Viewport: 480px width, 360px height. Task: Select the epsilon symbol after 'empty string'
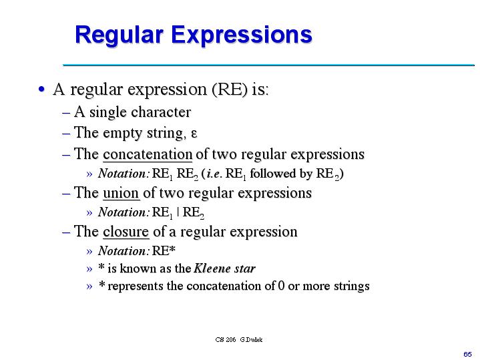coord(194,133)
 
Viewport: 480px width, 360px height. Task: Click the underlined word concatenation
coord(148,154)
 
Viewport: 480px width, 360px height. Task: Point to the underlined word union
coord(121,193)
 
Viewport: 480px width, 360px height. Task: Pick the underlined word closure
coord(126,232)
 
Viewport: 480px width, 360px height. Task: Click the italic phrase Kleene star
coord(224,268)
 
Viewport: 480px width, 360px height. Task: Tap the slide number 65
coord(467,352)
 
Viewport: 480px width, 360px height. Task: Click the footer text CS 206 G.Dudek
coord(239,339)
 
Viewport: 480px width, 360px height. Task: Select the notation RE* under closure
coord(164,251)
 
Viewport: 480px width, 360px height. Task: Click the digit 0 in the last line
coord(281,287)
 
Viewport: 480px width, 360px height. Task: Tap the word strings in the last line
coord(347,287)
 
